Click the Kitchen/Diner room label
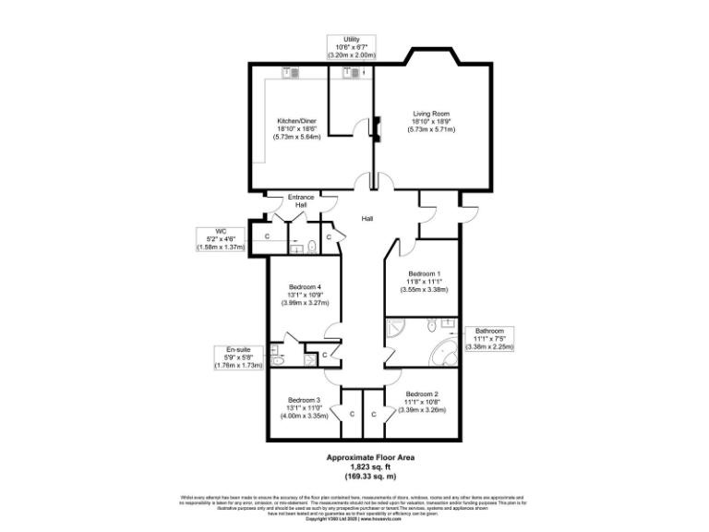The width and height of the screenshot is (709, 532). coord(296,128)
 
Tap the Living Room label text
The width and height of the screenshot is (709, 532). coord(431,121)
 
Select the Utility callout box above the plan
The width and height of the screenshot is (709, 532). coord(352,47)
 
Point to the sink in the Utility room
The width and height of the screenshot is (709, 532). coord(352,76)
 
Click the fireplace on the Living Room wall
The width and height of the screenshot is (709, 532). coord(376,126)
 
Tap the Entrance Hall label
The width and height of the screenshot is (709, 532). coord(301,200)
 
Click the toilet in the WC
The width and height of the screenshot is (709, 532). coord(312,246)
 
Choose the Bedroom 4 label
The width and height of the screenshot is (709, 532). coord(305,294)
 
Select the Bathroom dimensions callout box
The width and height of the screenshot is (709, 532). coord(489,338)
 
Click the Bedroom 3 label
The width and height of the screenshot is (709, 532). coord(305,406)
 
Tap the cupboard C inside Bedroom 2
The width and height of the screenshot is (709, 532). coord(374,414)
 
